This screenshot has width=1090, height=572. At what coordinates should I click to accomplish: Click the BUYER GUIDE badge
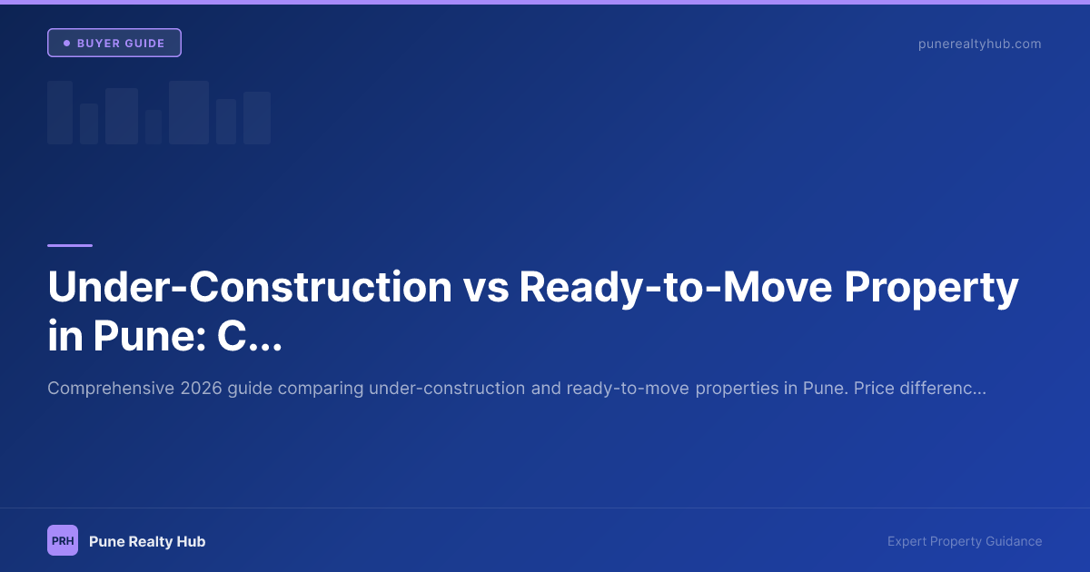[x=114, y=43]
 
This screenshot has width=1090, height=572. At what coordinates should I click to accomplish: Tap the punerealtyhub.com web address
[x=979, y=44]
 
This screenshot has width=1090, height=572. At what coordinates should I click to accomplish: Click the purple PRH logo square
[x=63, y=540]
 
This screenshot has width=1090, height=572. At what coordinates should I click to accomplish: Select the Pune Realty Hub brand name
[x=147, y=541]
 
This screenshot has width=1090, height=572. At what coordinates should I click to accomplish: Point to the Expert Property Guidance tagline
[x=965, y=541]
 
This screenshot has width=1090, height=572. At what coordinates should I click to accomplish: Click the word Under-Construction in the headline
[x=249, y=287]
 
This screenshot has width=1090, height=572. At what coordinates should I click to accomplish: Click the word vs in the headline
[x=485, y=287]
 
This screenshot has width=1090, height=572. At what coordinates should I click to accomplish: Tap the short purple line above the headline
[x=70, y=245]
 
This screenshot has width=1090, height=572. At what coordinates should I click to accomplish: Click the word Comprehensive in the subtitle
[x=110, y=389]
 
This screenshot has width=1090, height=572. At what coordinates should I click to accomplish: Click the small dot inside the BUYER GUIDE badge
[x=66, y=44]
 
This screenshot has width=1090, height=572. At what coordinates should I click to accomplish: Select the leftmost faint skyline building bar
[x=60, y=113]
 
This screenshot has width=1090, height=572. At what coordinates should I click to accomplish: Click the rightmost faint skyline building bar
[x=257, y=118]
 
